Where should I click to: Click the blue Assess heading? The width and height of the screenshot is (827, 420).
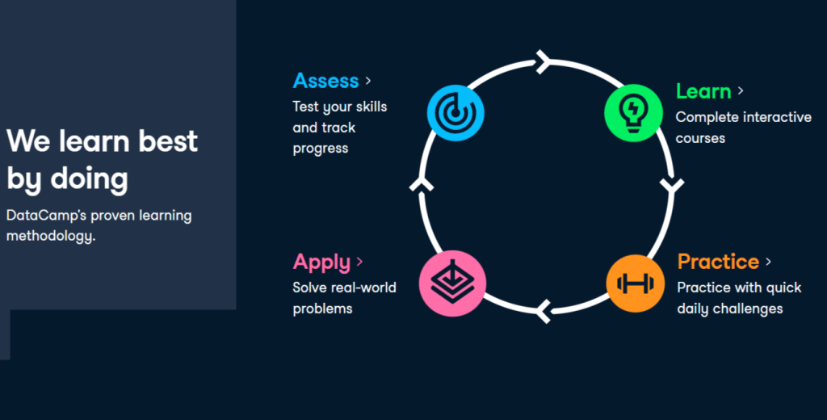coord(325,81)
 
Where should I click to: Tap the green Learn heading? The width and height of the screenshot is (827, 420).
coord(703,91)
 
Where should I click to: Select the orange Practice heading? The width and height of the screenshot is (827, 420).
coord(718,262)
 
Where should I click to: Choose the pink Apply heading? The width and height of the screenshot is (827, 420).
coord(321,262)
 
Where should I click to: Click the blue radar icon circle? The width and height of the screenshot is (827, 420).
coord(455,112)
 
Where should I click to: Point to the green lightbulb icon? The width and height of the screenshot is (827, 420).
coord(632,112)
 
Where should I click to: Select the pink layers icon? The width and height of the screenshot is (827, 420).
coord(453,283)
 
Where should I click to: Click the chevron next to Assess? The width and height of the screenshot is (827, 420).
coord(368,81)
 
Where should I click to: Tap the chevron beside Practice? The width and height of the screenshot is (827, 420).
coord(769,262)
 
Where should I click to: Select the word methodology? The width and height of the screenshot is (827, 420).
coord(50,237)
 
